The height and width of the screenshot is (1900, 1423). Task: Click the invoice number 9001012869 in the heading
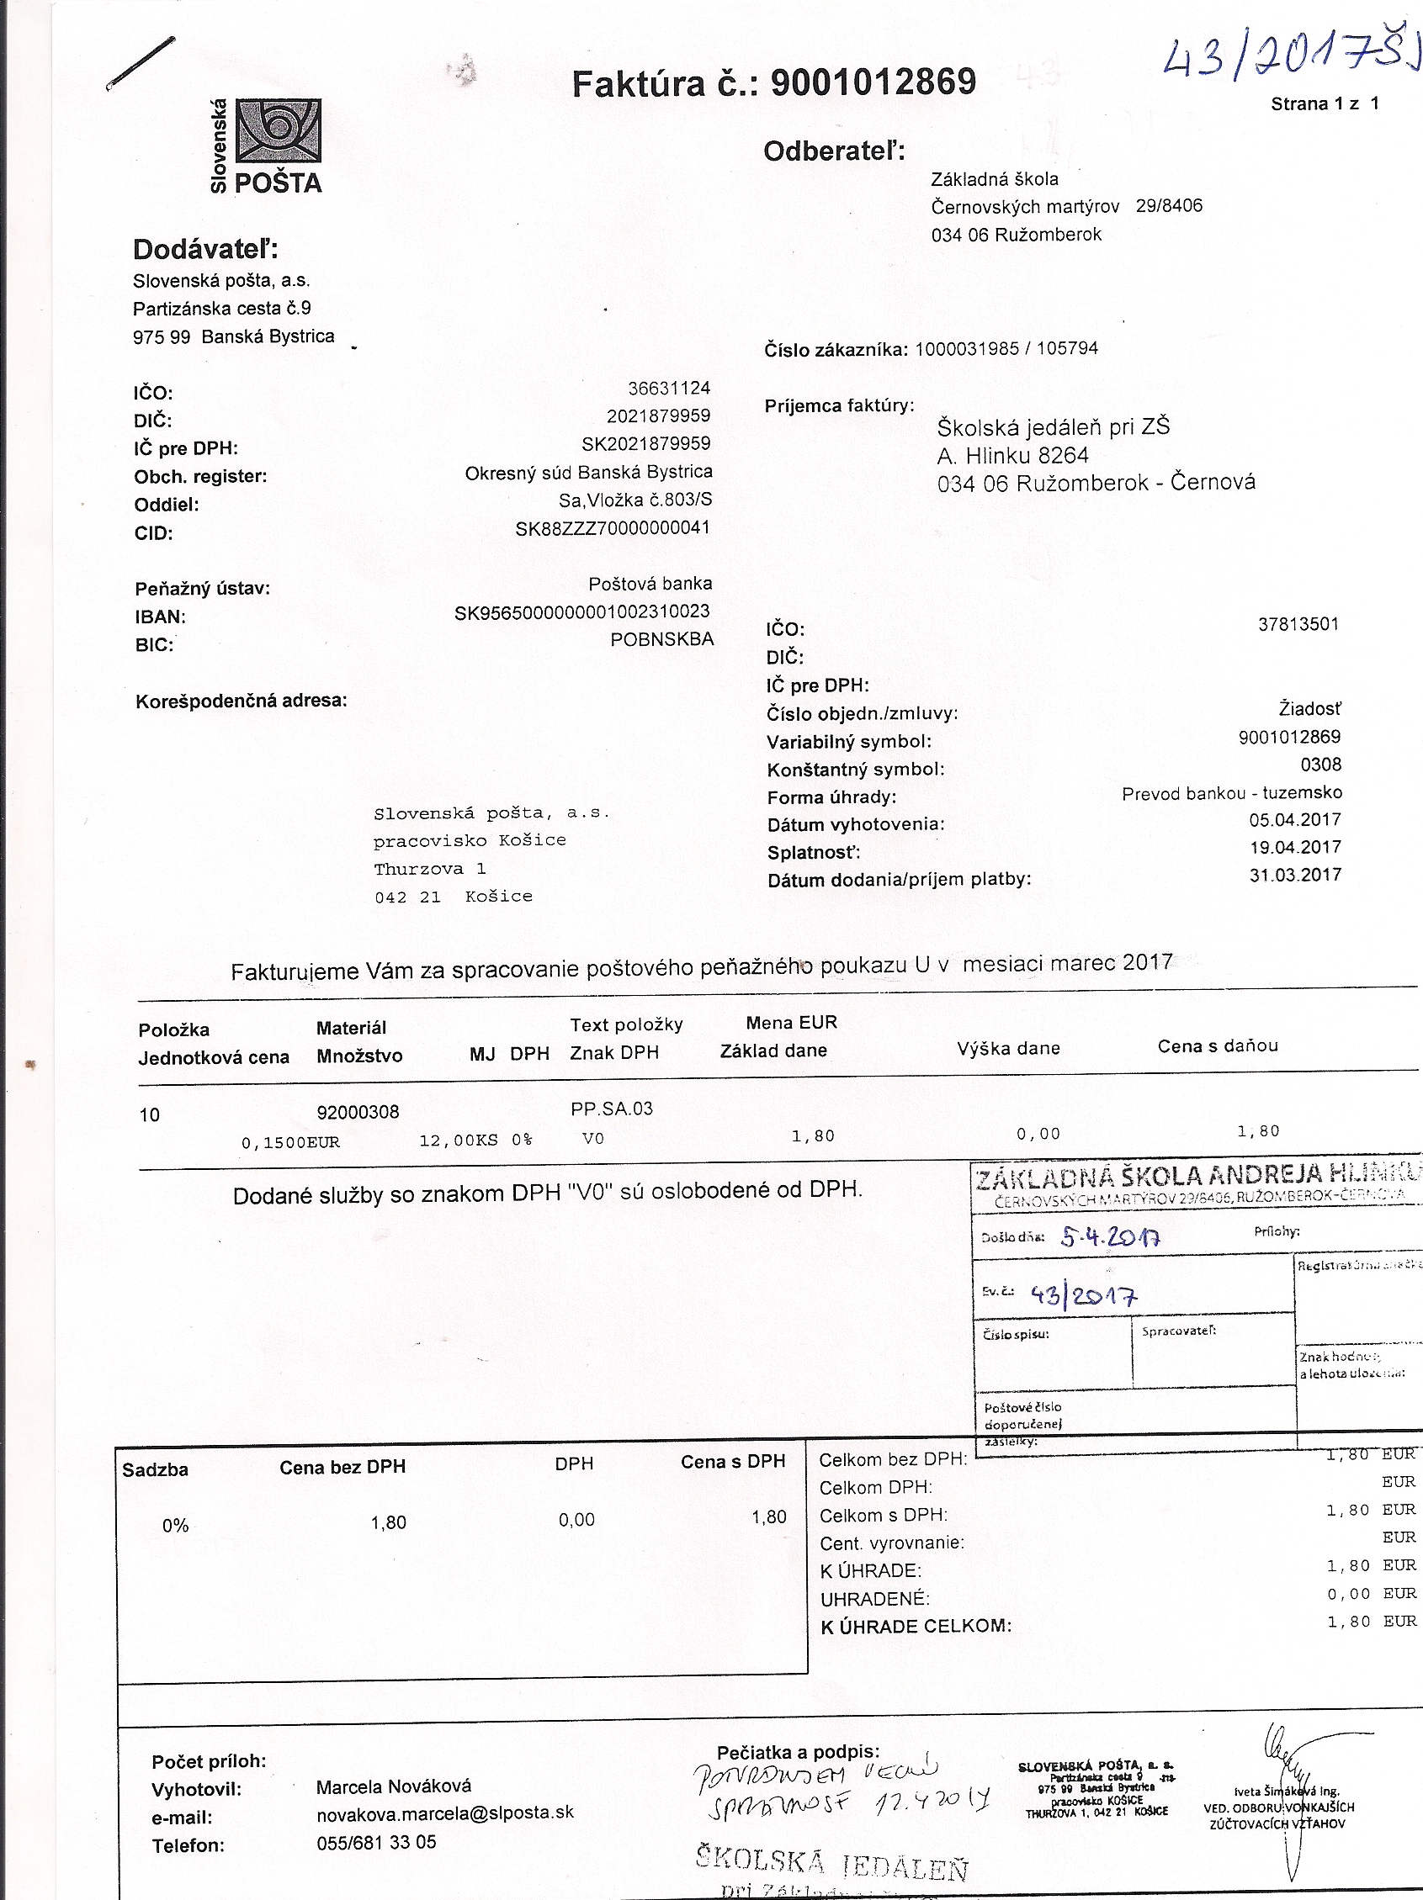[873, 82]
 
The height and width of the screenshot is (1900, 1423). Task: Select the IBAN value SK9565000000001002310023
[581, 612]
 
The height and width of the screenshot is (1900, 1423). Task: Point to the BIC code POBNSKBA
[661, 639]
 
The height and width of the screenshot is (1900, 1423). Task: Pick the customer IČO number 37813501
[1298, 624]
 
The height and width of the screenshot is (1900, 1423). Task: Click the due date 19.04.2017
[1295, 847]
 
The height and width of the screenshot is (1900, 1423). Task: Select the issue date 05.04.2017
[1295, 819]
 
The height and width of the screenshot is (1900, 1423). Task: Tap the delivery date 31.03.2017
[1295, 876]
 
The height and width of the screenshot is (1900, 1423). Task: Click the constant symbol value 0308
[1320, 765]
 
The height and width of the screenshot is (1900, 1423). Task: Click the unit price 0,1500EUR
[290, 1142]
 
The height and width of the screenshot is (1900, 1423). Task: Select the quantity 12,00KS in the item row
[458, 1141]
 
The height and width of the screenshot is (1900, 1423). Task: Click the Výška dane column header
[1008, 1048]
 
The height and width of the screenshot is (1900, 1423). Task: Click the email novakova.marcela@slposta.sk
[444, 1812]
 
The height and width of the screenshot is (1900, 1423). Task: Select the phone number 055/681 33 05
[375, 1842]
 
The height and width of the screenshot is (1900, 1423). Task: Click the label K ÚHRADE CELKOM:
[916, 1626]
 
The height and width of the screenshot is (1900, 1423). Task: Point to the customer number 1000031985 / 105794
[1006, 349]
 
